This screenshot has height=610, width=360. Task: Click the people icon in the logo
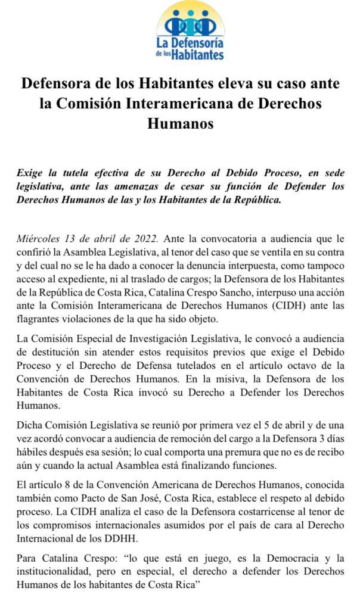pyautogui.click(x=191, y=24)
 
